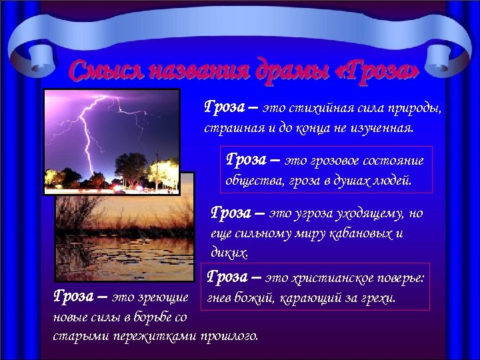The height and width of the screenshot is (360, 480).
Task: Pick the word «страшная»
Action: click(230, 127)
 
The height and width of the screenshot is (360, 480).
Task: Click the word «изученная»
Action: click(381, 127)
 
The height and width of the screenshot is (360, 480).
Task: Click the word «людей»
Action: click(393, 180)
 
